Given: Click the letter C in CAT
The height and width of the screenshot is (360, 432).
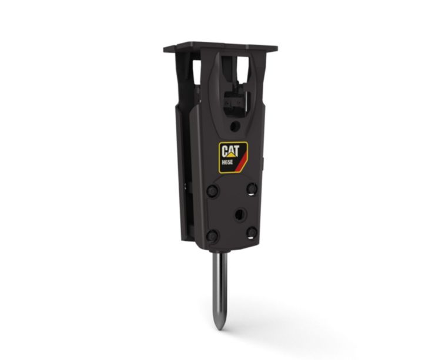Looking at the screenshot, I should [224, 149].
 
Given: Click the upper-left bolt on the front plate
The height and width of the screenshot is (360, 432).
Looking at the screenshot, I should [213, 191].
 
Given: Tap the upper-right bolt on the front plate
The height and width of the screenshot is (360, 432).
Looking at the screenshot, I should [252, 188].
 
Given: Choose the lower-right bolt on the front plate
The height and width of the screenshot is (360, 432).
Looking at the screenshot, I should [252, 232].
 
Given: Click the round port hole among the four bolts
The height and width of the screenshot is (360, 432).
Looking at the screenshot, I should [239, 214].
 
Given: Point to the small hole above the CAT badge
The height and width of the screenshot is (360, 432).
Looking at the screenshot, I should [235, 126].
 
